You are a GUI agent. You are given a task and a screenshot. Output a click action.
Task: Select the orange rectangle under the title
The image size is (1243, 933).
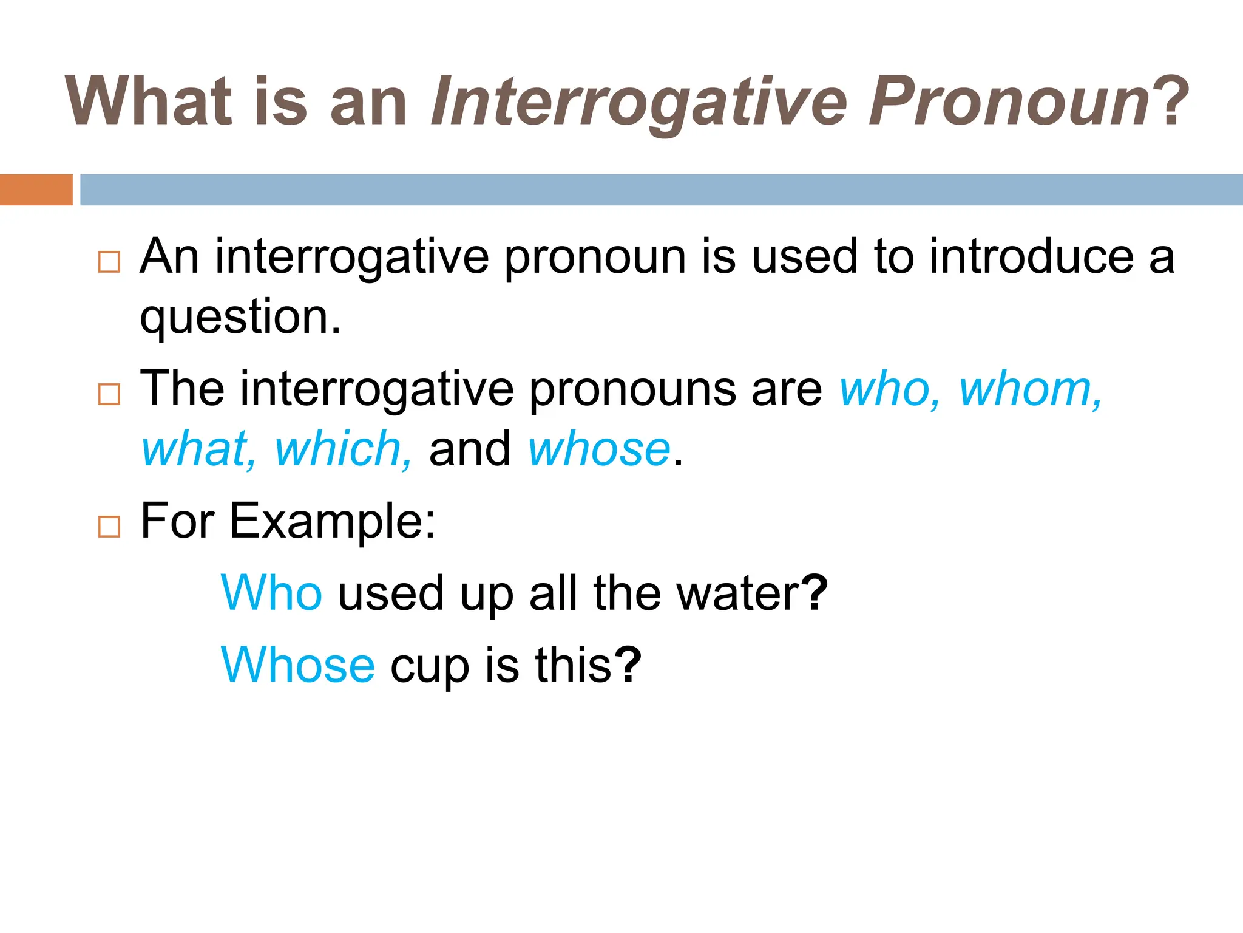36,190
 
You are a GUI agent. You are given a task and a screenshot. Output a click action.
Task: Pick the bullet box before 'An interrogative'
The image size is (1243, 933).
109,262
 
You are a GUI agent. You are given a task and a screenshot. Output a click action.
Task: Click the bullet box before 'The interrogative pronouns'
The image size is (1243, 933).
109,394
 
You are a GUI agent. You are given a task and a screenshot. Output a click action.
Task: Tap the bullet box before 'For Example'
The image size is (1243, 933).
109,526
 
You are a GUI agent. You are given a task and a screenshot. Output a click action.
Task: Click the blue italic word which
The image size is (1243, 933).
344,449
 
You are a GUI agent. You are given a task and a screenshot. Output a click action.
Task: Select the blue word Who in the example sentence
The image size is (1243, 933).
271,593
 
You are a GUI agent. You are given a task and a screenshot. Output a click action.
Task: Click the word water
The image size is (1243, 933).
738,593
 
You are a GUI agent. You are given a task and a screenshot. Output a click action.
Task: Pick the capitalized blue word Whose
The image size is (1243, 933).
298,665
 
